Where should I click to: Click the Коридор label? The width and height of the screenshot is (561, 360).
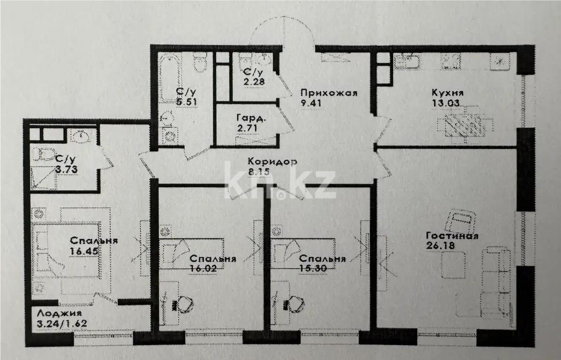273,162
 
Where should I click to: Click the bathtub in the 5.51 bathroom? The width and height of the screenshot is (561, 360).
165,80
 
